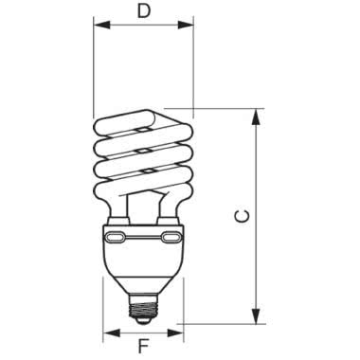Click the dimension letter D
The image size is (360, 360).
click(x=143, y=12)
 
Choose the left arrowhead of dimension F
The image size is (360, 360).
click(x=108, y=333)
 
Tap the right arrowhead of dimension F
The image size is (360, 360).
click(x=177, y=333)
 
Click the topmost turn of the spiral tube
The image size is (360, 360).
click(x=142, y=122)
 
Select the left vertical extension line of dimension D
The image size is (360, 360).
click(x=94, y=76)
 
